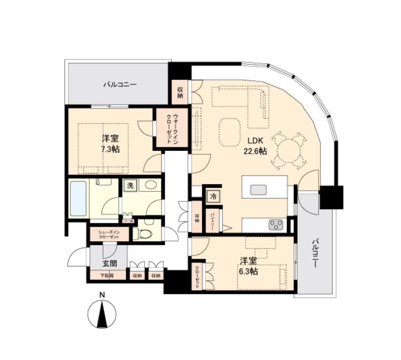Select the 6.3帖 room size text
pyautogui.click(x=248, y=272)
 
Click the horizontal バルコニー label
pyautogui.click(x=120, y=84)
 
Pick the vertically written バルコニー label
pyautogui.click(x=315, y=253)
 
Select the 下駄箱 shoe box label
pyautogui.click(x=106, y=276)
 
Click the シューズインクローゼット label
pyautogui.click(x=109, y=234)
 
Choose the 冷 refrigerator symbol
pyautogui.click(x=213, y=196)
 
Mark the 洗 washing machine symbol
pyautogui.click(x=130, y=186)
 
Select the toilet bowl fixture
pyautogui.click(x=143, y=233)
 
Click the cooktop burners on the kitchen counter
pyautogui.click(x=276, y=225)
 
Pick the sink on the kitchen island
pyautogui.click(x=259, y=189)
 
